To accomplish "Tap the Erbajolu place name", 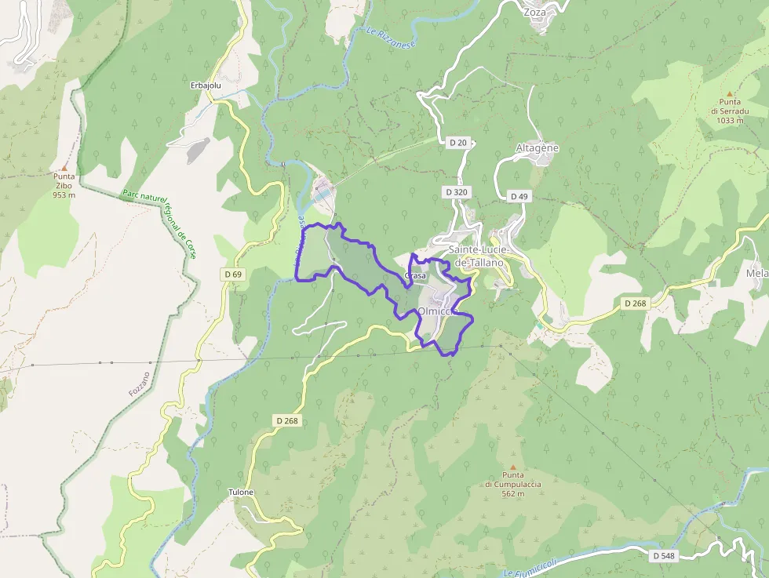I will (206, 85).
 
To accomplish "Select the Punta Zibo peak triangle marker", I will (64, 168).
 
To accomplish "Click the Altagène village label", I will (538, 147).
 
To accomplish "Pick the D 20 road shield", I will (457, 143).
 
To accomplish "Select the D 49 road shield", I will (519, 196).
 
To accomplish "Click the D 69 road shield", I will (233, 274).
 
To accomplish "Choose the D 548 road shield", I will (663, 555).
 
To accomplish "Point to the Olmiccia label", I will (437, 311).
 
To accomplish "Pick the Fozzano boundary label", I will (139, 382).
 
